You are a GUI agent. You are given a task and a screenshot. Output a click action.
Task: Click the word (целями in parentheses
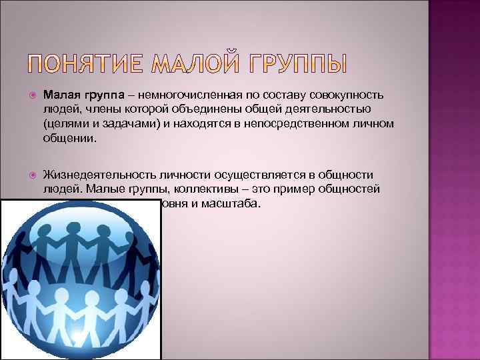point(63,124)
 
